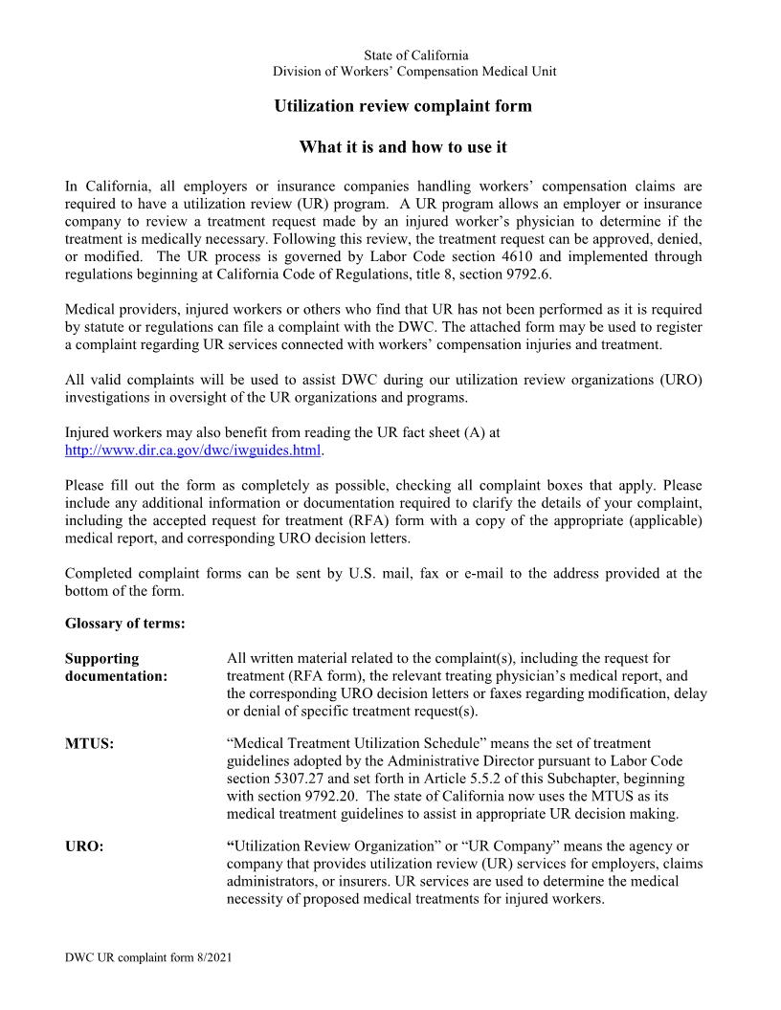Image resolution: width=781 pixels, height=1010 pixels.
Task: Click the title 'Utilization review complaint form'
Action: tap(403, 106)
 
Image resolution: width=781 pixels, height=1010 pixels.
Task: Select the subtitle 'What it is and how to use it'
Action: tap(403, 147)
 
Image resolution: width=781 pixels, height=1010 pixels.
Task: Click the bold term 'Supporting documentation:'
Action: tap(116, 668)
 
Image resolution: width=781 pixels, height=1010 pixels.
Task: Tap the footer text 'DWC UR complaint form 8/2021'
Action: tap(147, 957)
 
